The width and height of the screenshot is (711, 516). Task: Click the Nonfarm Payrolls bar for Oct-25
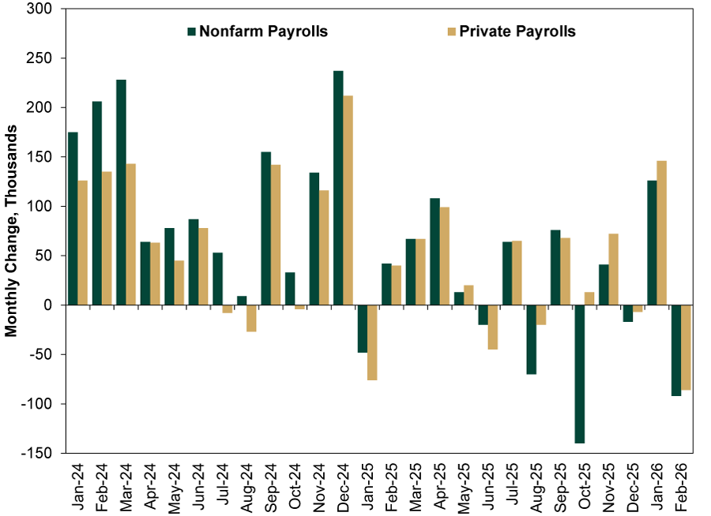(579, 374)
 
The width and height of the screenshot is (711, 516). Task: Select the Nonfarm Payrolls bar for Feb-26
(675, 350)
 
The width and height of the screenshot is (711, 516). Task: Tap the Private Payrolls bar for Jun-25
(492, 327)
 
